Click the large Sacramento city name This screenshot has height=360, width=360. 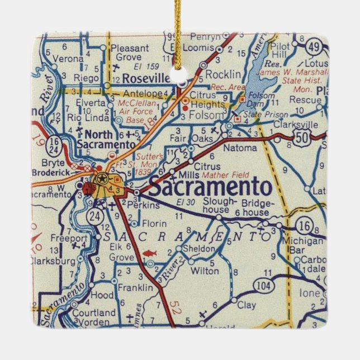(210, 188)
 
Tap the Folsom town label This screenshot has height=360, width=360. (207, 114)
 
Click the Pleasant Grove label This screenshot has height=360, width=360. (130, 53)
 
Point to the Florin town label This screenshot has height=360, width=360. (140, 224)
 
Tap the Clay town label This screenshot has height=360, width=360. (247, 305)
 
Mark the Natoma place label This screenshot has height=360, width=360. (240, 148)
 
